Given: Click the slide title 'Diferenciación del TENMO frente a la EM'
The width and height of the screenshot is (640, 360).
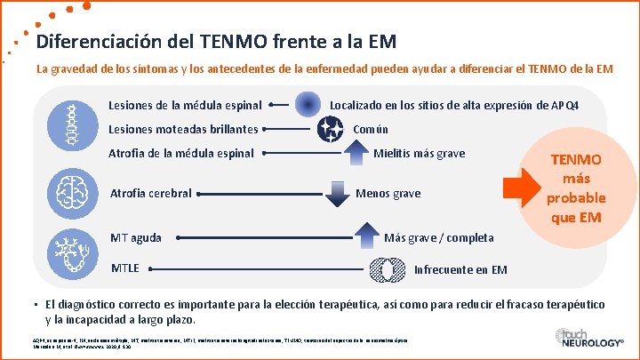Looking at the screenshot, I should click(x=216, y=42).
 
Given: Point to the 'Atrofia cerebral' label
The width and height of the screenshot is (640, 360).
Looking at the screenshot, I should click(x=150, y=193).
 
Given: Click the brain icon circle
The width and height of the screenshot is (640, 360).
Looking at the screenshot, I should click(x=69, y=189).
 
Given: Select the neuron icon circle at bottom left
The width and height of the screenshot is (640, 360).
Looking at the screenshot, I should click(x=69, y=250).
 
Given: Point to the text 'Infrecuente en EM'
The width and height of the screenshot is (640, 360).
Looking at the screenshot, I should click(x=460, y=269).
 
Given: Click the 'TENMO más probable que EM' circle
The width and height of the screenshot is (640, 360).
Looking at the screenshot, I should click(x=576, y=188).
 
